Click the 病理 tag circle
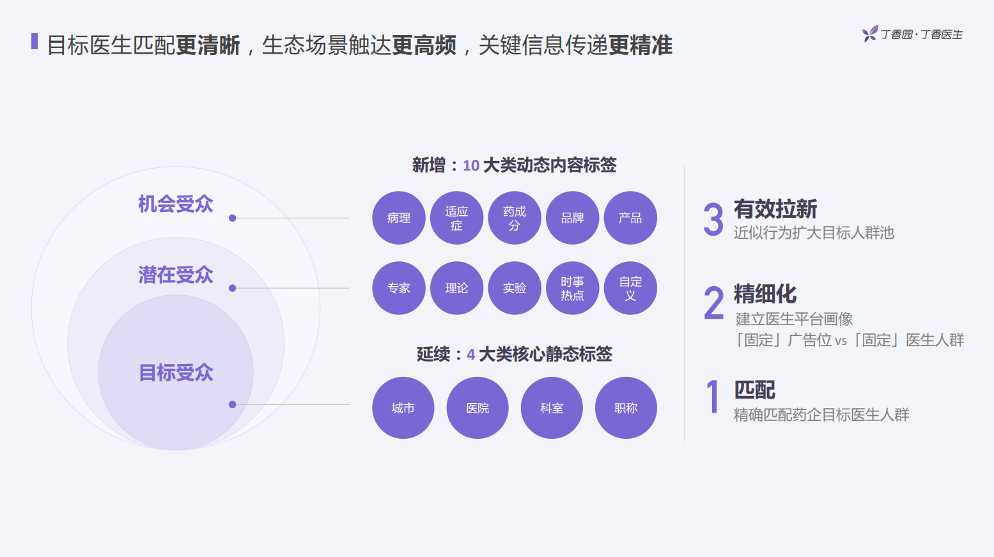click(399, 218)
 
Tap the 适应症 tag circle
click(456, 218)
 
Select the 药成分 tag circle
click(515, 218)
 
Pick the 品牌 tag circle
click(572, 218)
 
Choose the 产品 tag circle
click(630, 218)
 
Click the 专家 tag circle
click(399, 288)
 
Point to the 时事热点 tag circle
click(572, 288)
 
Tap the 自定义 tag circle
click(630, 288)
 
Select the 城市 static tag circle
click(403, 408)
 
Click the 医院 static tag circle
click(478, 408)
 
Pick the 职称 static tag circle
click(626, 408)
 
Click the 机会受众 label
click(176, 204)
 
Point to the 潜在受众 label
click(176, 275)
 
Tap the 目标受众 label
click(176, 372)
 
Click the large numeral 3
click(713, 219)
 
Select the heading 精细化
click(765, 294)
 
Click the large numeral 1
click(713, 397)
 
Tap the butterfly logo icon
click(869, 34)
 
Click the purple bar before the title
click(35, 42)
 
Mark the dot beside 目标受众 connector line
click(233, 404)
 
